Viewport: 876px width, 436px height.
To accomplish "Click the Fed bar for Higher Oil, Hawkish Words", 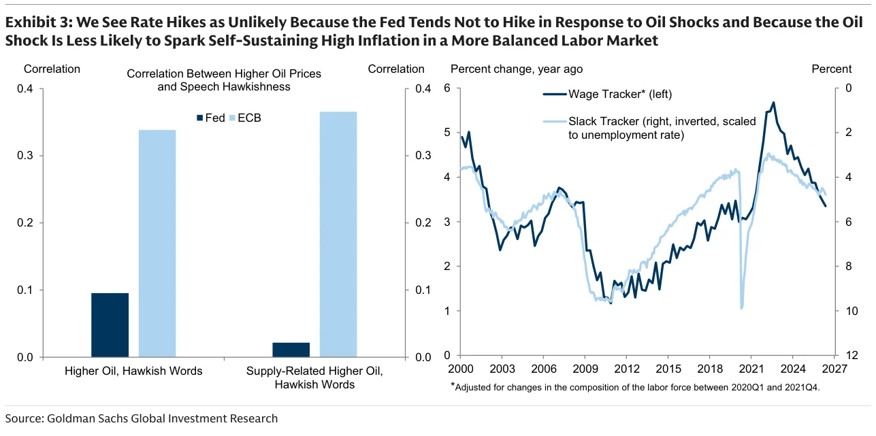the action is coord(110,325).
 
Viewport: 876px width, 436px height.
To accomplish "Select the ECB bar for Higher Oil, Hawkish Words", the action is coord(157,244).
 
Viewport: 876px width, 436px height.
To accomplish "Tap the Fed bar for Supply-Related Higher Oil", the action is coord(291,350).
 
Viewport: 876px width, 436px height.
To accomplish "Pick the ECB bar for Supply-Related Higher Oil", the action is coord(338,235).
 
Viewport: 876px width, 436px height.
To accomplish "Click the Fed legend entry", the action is coord(211,118).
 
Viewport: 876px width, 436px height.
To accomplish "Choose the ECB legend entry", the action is coord(245,118).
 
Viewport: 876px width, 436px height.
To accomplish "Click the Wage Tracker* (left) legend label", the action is coord(620,94).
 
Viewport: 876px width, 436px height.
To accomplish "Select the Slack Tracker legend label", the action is coord(662,128).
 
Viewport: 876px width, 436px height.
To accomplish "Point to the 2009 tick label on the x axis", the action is coord(585,369).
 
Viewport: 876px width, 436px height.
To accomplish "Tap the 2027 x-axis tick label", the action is coord(834,369).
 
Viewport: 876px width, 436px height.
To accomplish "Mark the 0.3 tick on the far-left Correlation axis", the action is coord(25,156).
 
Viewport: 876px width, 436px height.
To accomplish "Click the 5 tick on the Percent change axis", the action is coord(447,133).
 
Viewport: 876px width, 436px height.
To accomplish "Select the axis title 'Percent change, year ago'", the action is coord(517,69).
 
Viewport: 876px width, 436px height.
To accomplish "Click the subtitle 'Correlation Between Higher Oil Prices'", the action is coord(224,74).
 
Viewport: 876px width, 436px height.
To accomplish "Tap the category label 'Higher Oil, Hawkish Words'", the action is coord(133,371).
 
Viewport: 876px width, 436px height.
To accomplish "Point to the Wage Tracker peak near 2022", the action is coord(773,103).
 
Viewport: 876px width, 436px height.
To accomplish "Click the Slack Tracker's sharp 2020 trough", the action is coord(741,308).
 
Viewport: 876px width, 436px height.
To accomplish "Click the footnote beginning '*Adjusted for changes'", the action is coord(635,387).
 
